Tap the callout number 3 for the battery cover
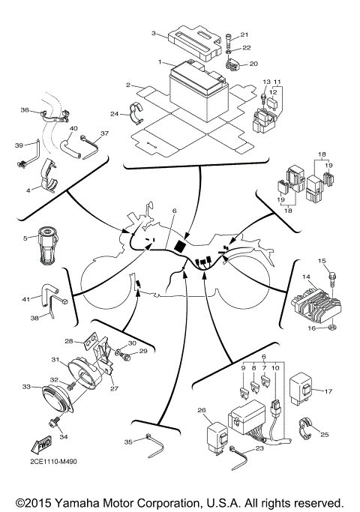point(153,34)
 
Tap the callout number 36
point(25,110)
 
